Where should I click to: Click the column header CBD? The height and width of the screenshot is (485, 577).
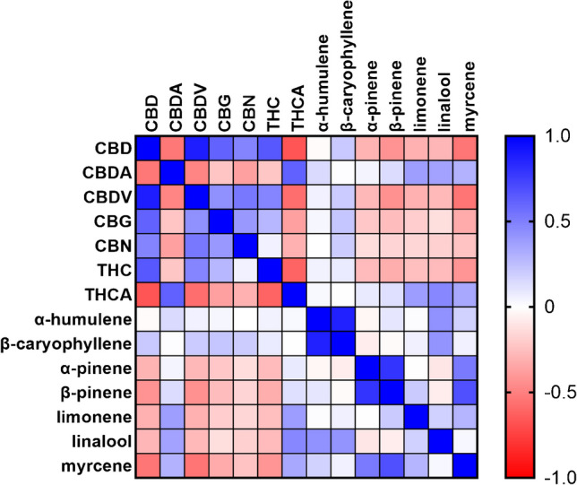click(148, 114)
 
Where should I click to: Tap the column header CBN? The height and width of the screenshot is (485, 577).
click(245, 114)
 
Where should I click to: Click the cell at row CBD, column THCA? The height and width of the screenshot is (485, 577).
click(294, 147)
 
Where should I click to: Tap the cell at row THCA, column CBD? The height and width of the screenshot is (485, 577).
click(148, 293)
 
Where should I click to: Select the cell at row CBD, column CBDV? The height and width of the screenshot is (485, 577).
click(196, 147)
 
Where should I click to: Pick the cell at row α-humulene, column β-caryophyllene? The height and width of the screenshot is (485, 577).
click(342, 317)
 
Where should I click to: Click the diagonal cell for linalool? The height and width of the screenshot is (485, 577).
click(440, 440)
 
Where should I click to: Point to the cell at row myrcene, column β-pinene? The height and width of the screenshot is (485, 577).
click(392, 464)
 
